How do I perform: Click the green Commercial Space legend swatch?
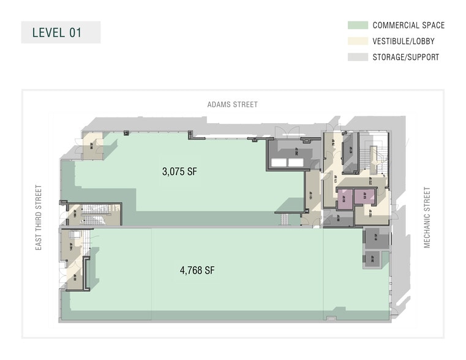(358, 26)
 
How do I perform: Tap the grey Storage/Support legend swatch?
(358, 58)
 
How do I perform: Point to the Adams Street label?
(232, 105)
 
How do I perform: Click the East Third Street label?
(39, 217)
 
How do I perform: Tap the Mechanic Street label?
(427, 218)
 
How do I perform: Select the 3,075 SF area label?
(179, 173)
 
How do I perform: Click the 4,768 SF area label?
(197, 270)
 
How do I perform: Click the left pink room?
(344, 198)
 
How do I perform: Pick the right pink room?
(365, 198)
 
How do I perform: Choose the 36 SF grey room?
(374, 259)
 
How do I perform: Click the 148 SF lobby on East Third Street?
(73, 247)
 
